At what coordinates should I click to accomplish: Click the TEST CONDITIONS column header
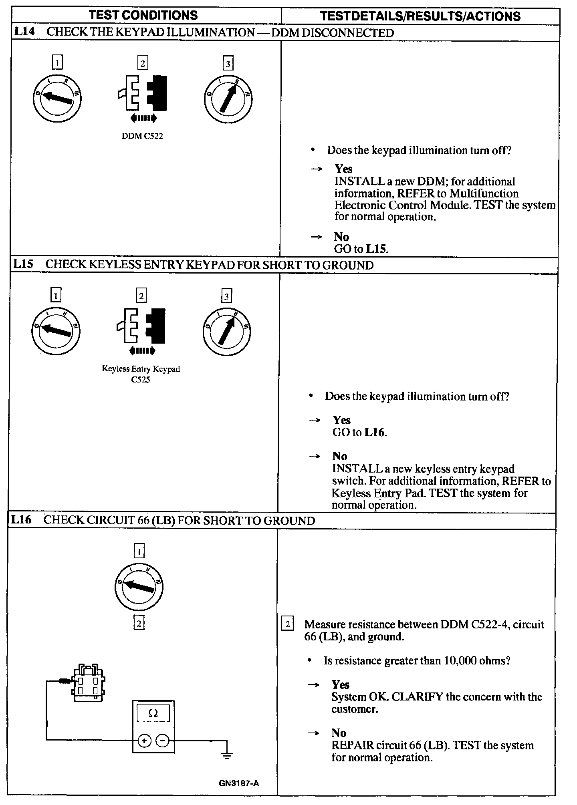[x=143, y=15]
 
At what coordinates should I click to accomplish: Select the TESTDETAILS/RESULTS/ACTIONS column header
[x=420, y=16]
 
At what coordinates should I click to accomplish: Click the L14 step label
[x=24, y=32]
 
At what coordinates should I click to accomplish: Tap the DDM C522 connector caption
[x=142, y=136]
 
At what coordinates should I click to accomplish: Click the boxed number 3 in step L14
[x=228, y=63]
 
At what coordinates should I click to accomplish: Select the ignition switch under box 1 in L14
[x=57, y=98]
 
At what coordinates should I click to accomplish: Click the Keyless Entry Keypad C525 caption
[x=141, y=374]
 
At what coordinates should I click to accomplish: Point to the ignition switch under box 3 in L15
[x=227, y=331]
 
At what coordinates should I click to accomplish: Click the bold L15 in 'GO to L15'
[x=376, y=249]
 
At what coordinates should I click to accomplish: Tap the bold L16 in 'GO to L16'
[x=375, y=433]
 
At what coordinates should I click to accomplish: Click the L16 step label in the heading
[x=21, y=520]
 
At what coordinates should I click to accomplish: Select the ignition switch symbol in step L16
[x=139, y=587]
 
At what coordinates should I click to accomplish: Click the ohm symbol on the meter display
[x=153, y=713]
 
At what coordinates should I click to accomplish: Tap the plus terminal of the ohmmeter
[x=144, y=741]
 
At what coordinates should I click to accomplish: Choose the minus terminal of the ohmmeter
[x=162, y=741]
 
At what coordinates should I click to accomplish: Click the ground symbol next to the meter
[x=227, y=755]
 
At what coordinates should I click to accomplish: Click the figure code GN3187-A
[x=239, y=783]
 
